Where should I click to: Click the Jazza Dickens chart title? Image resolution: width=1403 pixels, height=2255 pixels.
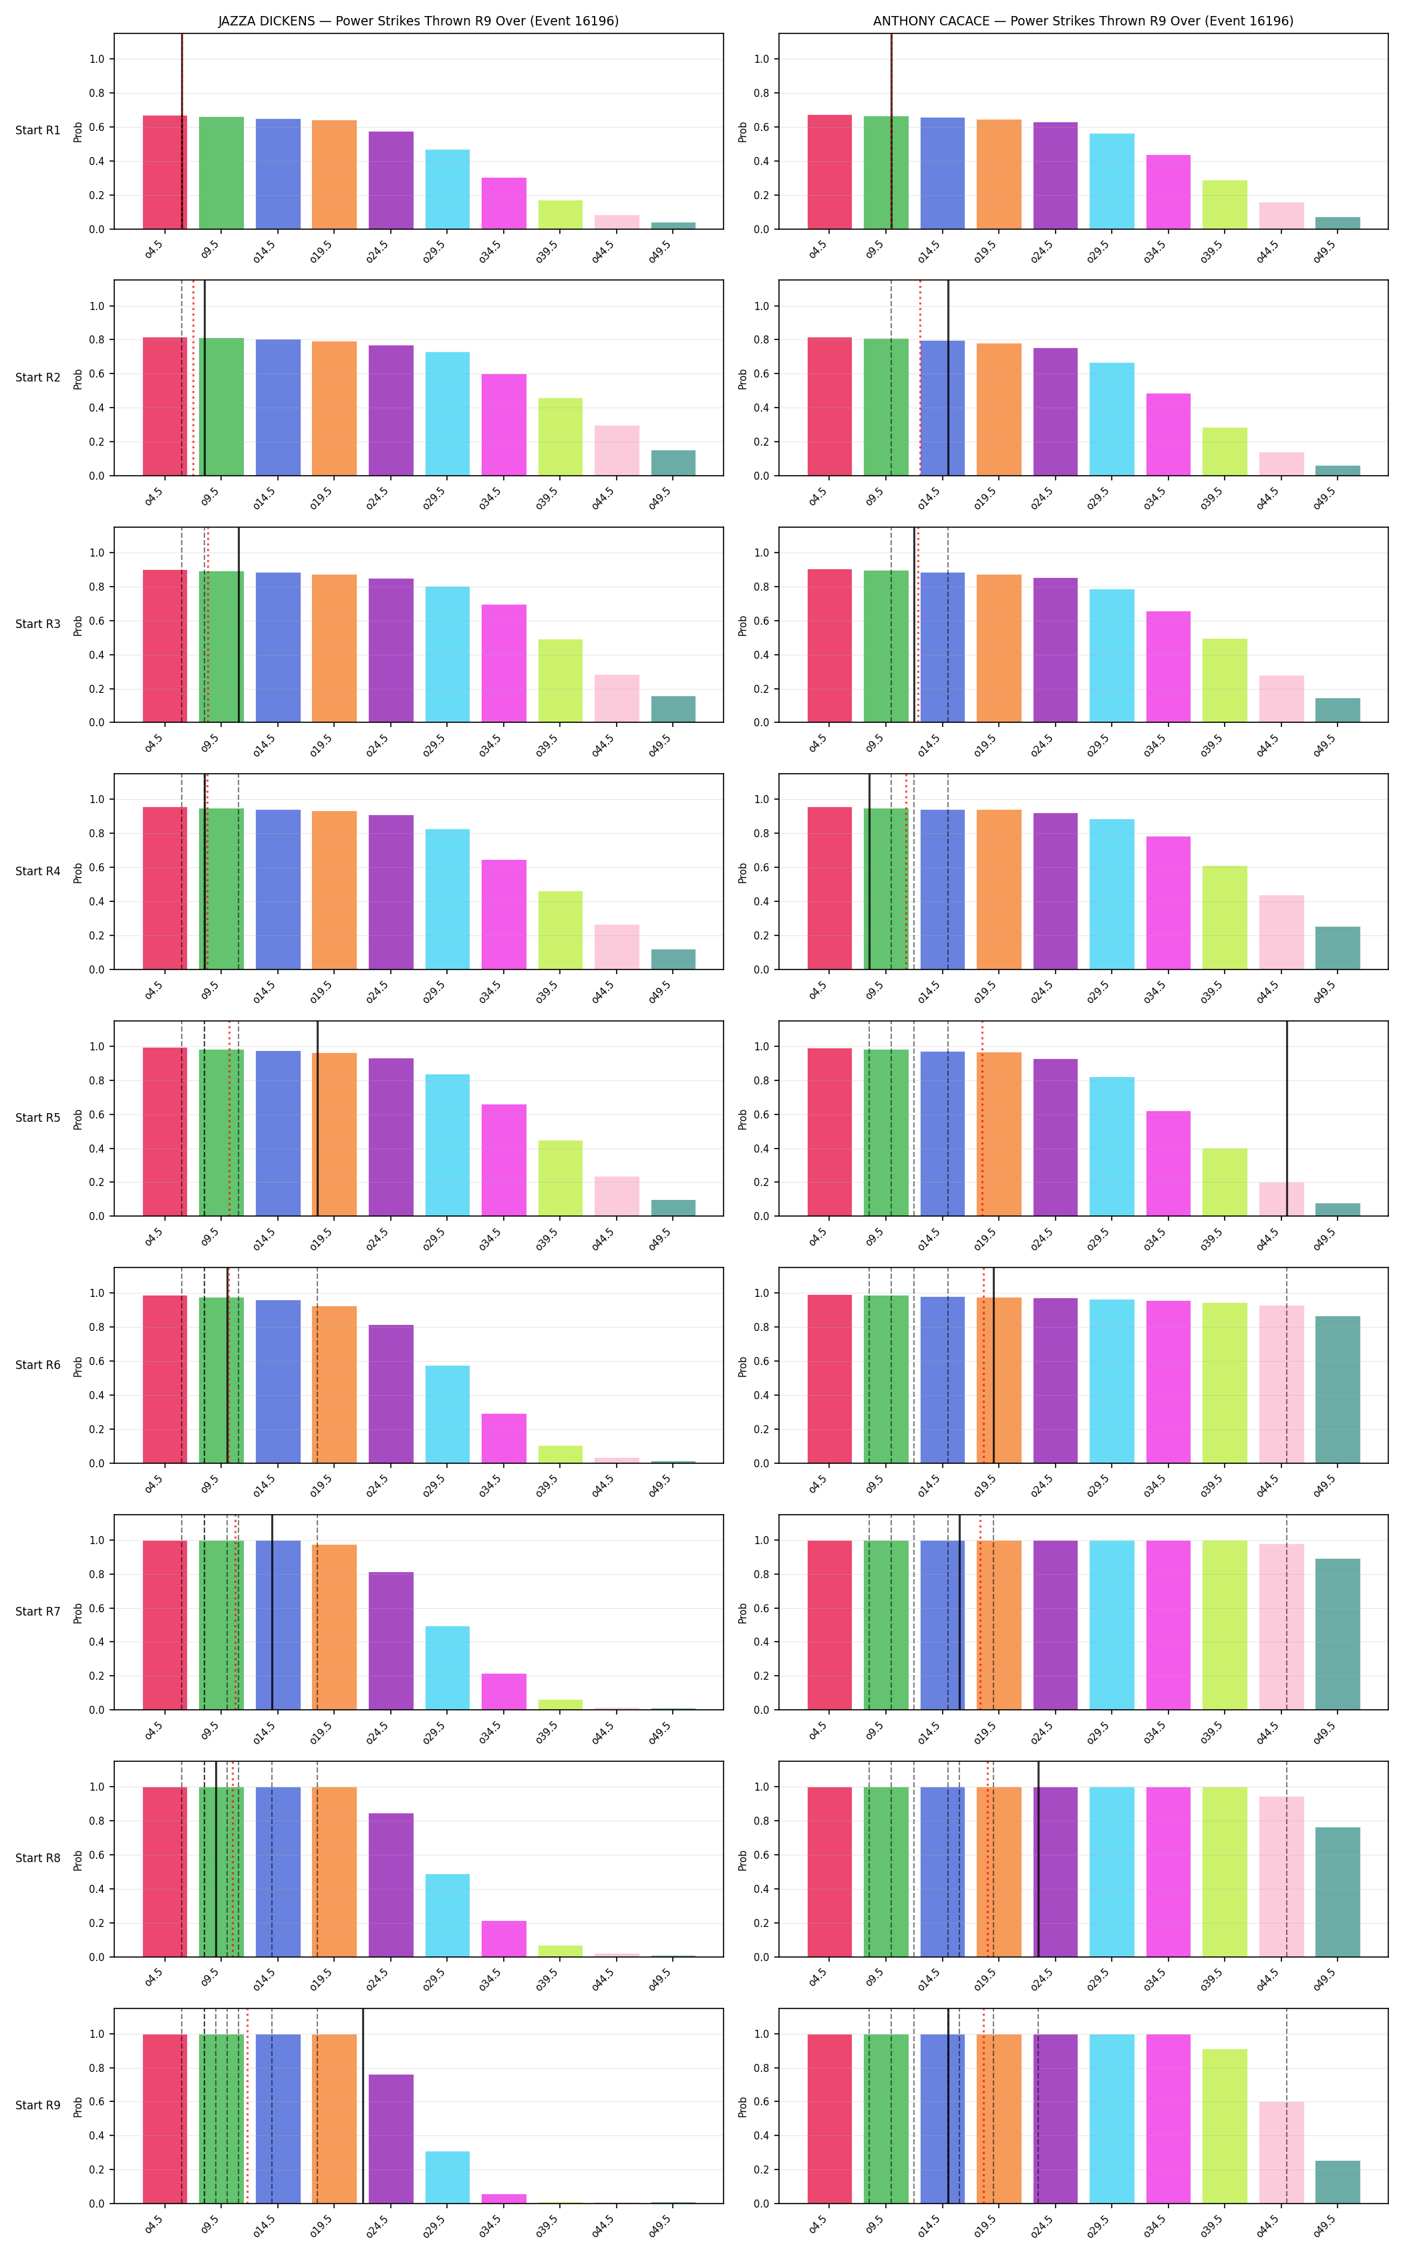click(x=418, y=21)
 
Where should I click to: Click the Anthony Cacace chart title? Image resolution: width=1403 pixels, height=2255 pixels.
click(x=1083, y=21)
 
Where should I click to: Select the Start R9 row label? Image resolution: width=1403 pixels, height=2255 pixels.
click(x=38, y=2105)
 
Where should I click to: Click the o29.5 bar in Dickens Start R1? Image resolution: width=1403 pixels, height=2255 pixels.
click(x=447, y=189)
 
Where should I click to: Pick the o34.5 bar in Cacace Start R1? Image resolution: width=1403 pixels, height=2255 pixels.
click(x=1168, y=192)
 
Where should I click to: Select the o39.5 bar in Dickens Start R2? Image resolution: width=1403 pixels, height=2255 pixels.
click(x=561, y=437)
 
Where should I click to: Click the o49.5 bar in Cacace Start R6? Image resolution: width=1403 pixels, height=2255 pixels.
click(x=1337, y=1389)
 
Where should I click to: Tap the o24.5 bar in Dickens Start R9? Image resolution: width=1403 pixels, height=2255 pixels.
click(x=391, y=2139)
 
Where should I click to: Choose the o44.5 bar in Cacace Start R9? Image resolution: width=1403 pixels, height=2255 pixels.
click(x=1281, y=2153)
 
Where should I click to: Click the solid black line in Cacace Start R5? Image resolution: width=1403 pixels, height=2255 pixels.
click(x=1287, y=1118)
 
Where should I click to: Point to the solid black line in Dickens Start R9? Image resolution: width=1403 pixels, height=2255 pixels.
click(x=363, y=2105)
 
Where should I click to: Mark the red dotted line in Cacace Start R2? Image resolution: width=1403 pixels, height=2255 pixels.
click(x=921, y=378)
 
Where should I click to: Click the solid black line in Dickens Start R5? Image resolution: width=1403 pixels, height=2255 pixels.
click(x=317, y=1118)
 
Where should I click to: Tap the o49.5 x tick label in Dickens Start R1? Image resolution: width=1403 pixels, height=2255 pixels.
click(x=660, y=251)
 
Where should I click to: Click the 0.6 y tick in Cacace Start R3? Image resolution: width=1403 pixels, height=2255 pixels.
click(x=761, y=621)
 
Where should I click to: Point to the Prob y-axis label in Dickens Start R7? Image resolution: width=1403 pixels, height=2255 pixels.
click(x=78, y=1612)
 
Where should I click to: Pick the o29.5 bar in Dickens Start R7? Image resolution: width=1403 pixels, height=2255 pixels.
click(x=447, y=1668)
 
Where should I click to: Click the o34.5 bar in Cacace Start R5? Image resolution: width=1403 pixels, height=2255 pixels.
click(x=1168, y=1164)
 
